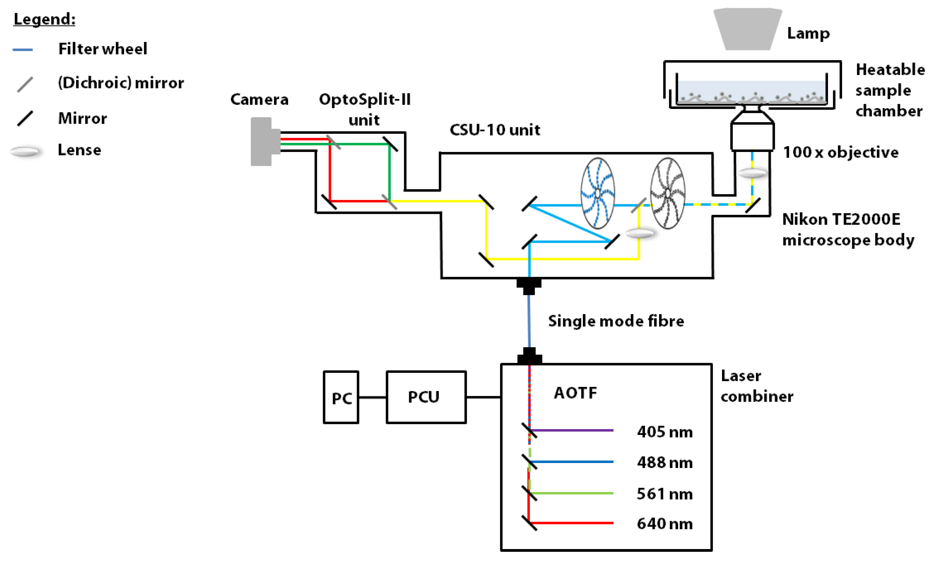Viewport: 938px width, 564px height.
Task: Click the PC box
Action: coord(340,397)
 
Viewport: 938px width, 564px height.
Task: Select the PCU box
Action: coord(426,397)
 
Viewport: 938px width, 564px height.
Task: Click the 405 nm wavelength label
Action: coord(664,432)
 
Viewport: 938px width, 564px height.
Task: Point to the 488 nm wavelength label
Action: coord(664,463)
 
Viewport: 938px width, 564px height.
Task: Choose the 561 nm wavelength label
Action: coord(664,494)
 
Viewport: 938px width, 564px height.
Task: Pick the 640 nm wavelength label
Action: coord(664,524)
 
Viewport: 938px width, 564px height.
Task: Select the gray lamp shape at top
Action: coord(747,30)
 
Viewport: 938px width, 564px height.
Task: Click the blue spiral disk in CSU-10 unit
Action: coord(598,193)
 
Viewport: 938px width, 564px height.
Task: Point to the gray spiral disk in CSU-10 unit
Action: coord(668,193)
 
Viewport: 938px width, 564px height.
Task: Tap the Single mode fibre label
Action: coord(615,321)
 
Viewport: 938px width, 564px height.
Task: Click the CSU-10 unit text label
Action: coord(494,130)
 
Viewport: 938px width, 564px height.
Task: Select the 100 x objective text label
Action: coord(840,152)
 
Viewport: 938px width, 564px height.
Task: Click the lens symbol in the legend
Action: coord(25,152)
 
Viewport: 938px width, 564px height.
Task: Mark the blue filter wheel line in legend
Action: coord(23,50)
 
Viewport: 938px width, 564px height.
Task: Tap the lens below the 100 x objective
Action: coord(752,174)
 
